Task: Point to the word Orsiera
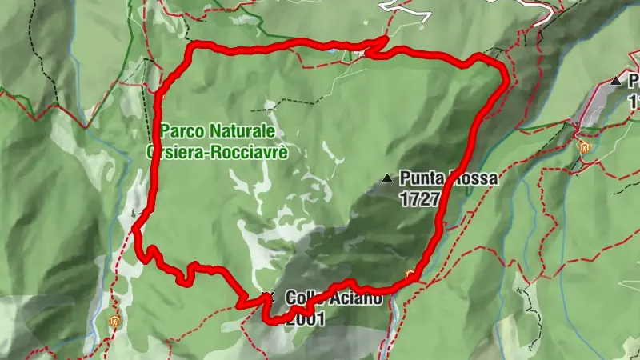[171, 150]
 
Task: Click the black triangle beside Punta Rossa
[388, 178]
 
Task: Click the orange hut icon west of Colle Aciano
[114, 321]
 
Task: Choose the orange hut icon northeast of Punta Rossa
[583, 147]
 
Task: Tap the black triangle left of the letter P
[615, 81]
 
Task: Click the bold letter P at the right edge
[633, 81]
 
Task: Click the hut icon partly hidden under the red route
[411, 276]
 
